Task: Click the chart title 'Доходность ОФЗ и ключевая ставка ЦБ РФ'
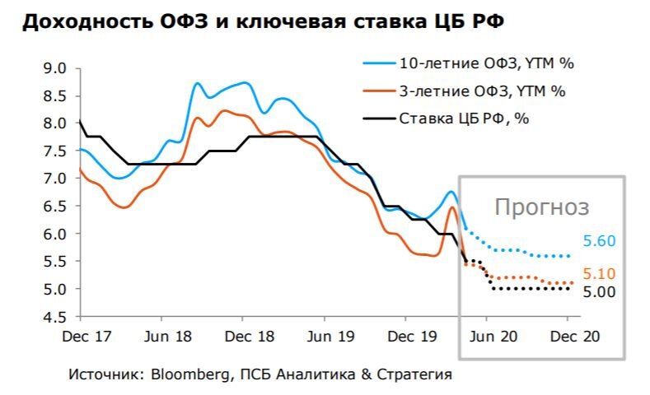263,23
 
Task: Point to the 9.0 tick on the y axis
54,68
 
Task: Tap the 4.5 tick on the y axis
54,317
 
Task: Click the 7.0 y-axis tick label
54,179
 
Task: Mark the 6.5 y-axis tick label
54,207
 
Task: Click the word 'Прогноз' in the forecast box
541,207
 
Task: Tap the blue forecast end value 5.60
599,241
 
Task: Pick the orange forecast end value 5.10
599,274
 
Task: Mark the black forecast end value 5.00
599,291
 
